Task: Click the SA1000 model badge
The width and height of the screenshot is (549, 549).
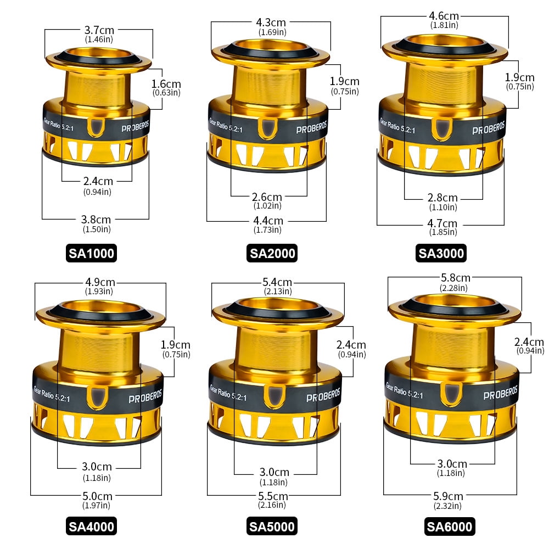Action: pos(91,253)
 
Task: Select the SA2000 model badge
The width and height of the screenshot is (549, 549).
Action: pos(272,253)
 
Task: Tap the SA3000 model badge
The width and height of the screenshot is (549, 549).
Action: pos(441,253)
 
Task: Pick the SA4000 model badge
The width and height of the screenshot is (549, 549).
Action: pos(91,526)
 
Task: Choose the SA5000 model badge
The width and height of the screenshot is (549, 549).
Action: pos(272,526)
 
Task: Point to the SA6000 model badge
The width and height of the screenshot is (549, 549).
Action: pos(450,526)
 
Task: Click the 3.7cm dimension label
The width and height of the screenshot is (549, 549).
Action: pos(99,30)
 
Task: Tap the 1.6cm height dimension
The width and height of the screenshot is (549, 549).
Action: pos(166,84)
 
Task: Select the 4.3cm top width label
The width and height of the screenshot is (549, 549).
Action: pos(271,23)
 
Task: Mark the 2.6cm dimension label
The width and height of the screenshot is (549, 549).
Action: pos(267,197)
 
